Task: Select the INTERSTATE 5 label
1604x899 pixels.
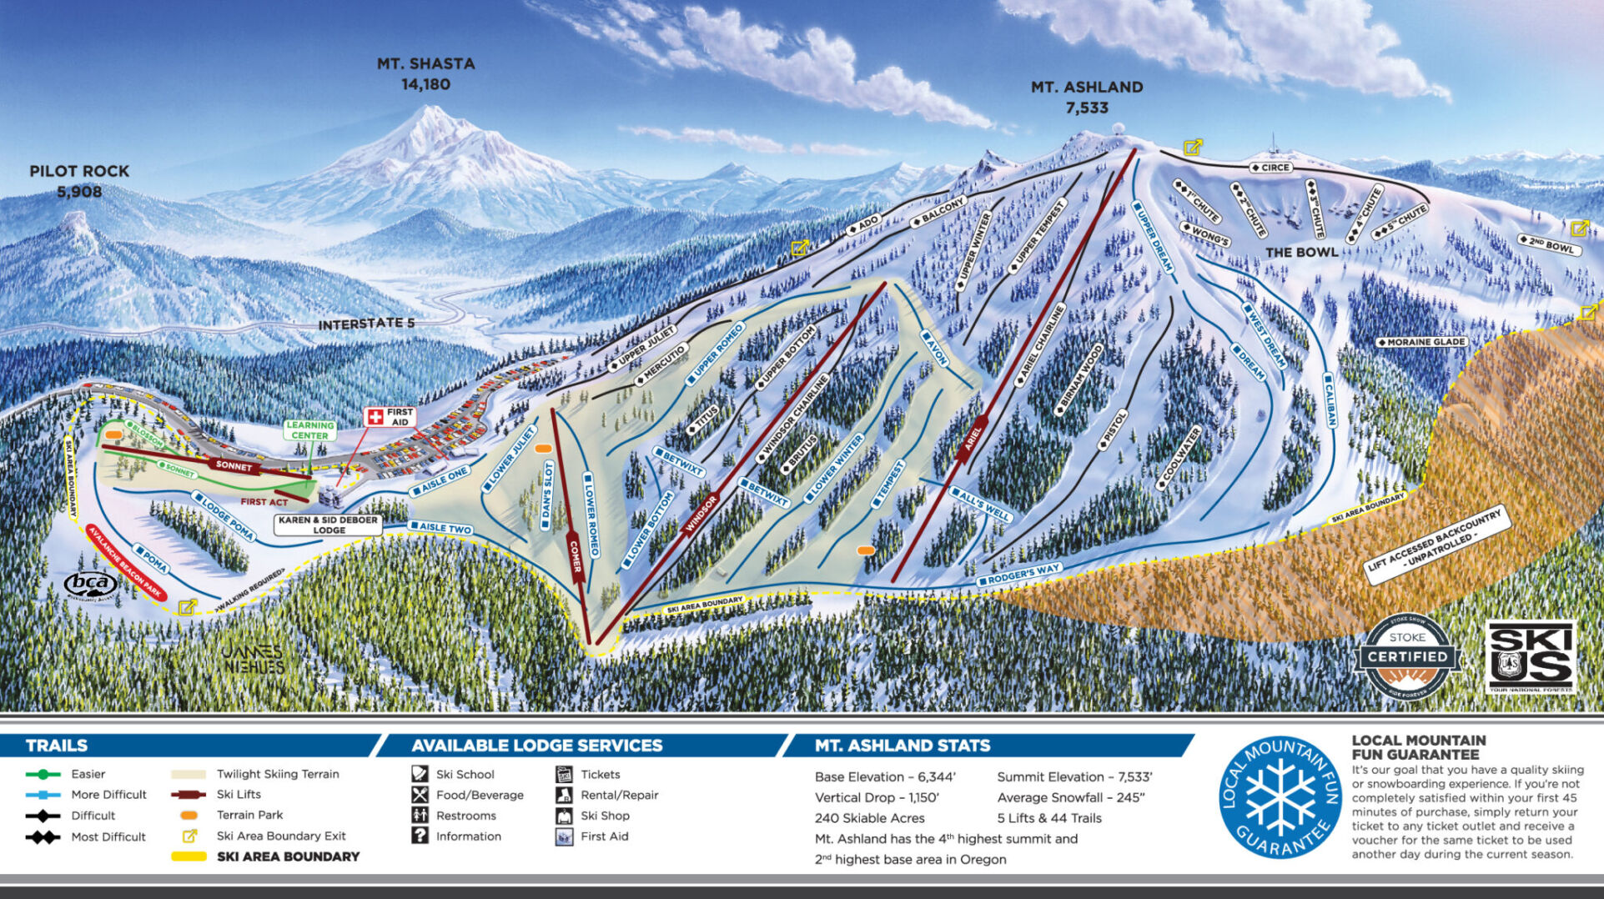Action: [366, 324]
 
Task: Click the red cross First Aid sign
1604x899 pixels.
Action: [376, 417]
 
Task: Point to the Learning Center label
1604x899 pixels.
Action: [309, 430]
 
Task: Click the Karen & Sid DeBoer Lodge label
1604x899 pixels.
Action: [329, 525]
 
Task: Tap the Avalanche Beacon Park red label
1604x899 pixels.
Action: [126, 562]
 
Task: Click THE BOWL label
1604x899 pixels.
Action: [1301, 252]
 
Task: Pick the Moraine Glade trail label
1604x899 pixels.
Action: [1420, 342]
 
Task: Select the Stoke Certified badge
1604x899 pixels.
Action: [1407, 656]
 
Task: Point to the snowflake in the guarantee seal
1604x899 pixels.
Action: [1280, 797]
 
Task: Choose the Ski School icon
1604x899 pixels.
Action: [420, 774]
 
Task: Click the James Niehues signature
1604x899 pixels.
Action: [253, 658]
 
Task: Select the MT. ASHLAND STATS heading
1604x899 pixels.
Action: [903, 746]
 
